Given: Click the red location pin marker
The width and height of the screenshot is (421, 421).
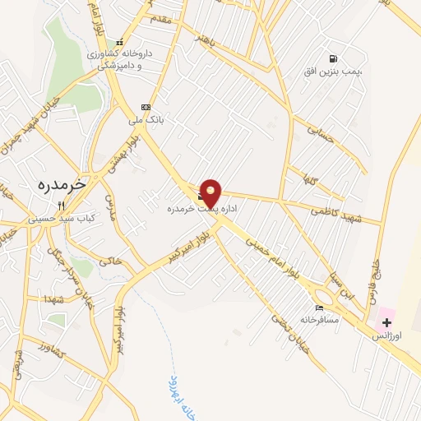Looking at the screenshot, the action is (x=211, y=193).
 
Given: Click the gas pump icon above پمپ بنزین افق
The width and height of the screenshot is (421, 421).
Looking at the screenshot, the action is (x=332, y=58).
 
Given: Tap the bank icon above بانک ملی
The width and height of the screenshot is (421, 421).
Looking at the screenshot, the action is (x=146, y=106).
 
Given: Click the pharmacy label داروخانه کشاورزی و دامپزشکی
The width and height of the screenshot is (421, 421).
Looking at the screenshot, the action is (x=120, y=58).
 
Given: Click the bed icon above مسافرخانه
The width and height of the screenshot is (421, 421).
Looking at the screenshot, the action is (x=319, y=307).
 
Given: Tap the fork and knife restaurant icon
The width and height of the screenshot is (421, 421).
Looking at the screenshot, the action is (x=60, y=206).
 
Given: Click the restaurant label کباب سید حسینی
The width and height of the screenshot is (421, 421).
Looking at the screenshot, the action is (x=55, y=219).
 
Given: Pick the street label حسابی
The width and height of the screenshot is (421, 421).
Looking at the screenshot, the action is (x=321, y=135).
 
